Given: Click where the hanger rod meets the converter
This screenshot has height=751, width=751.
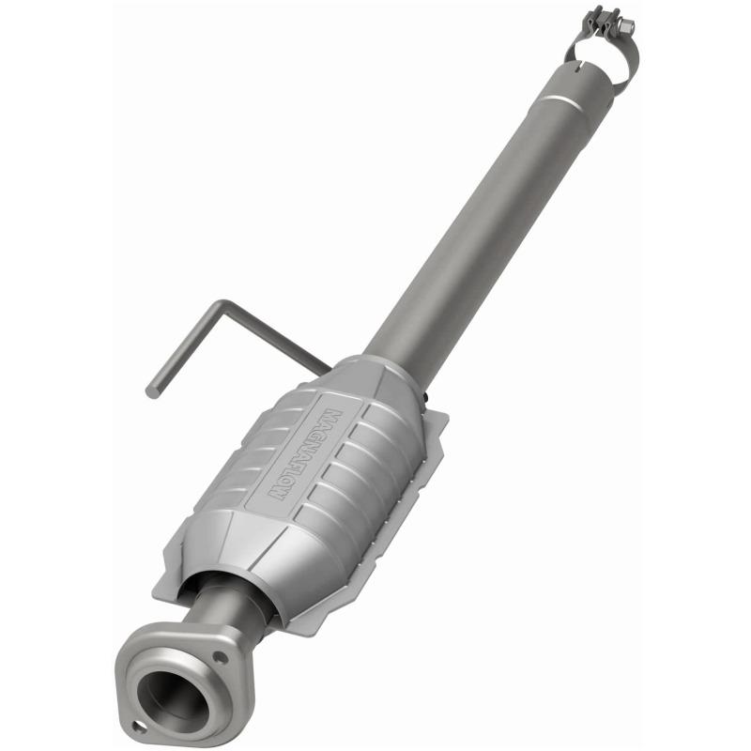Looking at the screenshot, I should [x=324, y=368].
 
